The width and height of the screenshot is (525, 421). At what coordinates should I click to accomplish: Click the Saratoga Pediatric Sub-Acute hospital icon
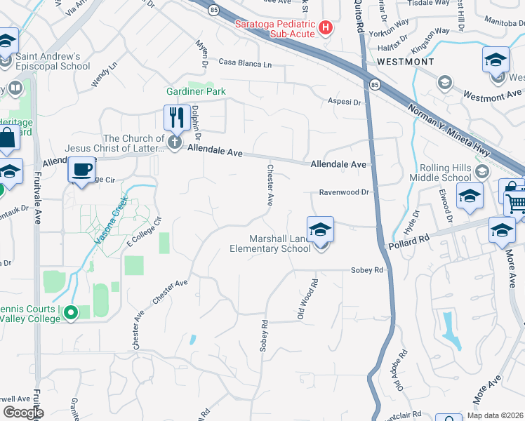(326, 28)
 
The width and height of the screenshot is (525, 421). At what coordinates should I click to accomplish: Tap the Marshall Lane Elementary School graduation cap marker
(319, 230)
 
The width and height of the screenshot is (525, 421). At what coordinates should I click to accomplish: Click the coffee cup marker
(83, 170)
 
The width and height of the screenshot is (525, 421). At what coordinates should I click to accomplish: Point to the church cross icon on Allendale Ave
(175, 143)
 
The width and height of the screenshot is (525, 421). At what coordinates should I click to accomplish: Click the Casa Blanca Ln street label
(245, 64)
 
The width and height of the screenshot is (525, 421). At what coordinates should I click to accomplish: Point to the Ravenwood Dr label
(344, 192)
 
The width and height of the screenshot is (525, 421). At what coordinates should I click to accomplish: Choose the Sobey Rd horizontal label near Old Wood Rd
(367, 270)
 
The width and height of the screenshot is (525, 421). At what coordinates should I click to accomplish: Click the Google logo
(24, 412)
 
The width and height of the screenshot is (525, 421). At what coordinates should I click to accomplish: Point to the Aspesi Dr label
(345, 102)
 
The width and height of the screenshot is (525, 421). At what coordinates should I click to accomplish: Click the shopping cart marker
(516, 203)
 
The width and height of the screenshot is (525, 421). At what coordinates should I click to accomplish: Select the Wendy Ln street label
(104, 77)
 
